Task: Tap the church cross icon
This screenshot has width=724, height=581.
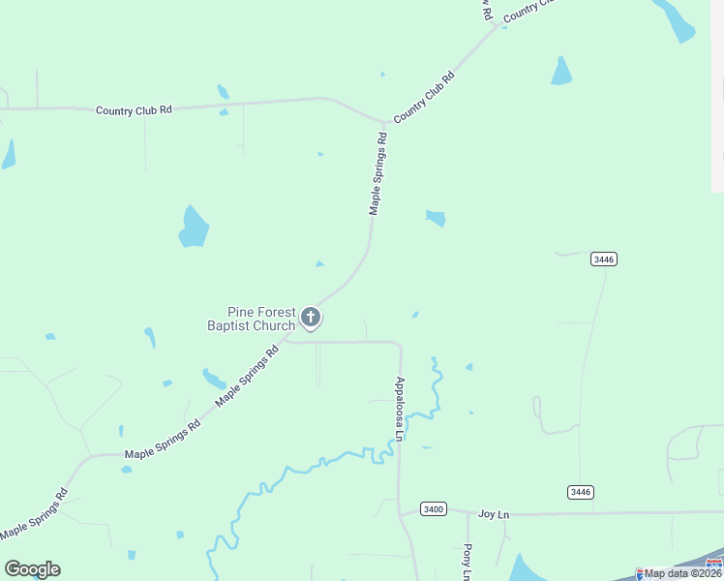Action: click(x=311, y=317)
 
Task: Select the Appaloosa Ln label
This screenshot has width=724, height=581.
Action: click(x=399, y=410)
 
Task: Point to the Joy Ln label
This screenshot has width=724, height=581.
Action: click(x=494, y=514)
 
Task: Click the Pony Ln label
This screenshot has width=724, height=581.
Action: click(x=467, y=562)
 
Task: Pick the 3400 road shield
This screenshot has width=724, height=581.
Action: click(x=434, y=509)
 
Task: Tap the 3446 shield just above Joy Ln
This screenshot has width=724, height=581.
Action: click(x=580, y=492)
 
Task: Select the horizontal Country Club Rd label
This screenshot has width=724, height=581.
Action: click(x=134, y=110)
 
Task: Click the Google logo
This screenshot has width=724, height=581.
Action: click(x=32, y=569)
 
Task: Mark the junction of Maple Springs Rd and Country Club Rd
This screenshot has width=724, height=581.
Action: click(x=384, y=122)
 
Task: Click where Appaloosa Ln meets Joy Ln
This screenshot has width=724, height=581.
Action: click(x=399, y=513)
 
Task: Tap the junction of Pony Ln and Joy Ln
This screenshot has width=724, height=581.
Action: click(x=468, y=513)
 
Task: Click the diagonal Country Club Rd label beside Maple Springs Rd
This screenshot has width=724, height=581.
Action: click(x=424, y=98)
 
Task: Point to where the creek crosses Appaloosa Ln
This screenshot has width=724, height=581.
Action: click(x=399, y=441)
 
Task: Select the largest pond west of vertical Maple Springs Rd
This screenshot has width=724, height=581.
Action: click(x=194, y=228)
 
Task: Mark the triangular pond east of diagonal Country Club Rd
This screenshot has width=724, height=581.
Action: click(x=561, y=72)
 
